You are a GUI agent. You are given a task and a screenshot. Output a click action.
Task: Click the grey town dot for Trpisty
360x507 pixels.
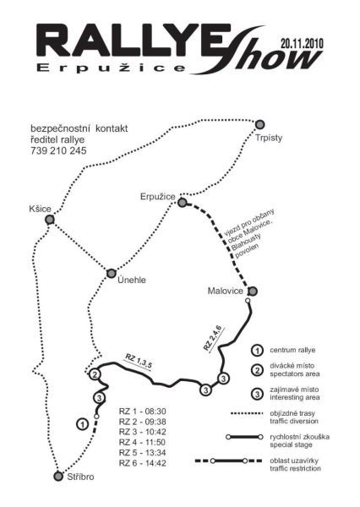point(259,124)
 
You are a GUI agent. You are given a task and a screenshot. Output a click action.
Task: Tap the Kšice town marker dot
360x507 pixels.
point(50,220)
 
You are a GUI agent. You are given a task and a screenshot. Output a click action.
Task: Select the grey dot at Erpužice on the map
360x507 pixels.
point(183,203)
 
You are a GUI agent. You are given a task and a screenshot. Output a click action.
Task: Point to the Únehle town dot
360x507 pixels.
point(112,273)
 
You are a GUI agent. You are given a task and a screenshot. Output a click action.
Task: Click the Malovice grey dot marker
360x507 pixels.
point(253,292)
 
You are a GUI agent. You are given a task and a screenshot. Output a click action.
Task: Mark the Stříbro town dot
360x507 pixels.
point(58,477)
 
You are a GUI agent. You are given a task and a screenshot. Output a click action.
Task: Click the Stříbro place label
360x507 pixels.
point(80,477)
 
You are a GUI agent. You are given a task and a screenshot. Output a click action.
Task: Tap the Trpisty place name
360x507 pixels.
point(269,138)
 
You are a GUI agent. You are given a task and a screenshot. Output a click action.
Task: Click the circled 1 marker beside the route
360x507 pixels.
point(83,424)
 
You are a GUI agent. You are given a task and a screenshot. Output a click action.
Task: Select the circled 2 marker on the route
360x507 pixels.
point(95,374)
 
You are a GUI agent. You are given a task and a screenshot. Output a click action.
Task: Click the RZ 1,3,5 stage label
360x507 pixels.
point(139,363)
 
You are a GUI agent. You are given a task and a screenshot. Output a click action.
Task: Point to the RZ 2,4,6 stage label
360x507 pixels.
point(214,339)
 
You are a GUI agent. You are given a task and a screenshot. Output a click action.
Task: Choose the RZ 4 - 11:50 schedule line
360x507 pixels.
point(142,442)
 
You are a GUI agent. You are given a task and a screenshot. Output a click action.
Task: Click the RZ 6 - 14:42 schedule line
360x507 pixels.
point(142,463)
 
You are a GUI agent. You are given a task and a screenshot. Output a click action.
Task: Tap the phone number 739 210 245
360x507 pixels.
point(58,150)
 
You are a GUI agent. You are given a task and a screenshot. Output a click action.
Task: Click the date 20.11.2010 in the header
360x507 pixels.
point(302,43)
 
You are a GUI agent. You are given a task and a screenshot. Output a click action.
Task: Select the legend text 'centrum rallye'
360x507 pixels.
point(292,350)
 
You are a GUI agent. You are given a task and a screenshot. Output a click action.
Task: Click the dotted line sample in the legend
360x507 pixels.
point(247,413)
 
